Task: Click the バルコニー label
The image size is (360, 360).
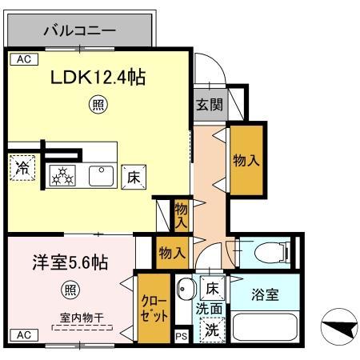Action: click(x=79, y=32)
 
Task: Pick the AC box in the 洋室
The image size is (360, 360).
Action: click(x=22, y=334)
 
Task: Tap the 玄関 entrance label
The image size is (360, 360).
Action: click(x=209, y=105)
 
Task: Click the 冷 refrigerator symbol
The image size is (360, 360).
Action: click(x=22, y=169)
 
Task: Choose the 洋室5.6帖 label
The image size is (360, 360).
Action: click(x=59, y=262)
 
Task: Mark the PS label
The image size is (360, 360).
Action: click(x=181, y=337)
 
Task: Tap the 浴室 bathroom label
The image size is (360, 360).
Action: click(x=263, y=295)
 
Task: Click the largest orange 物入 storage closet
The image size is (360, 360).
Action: click(x=246, y=160)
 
